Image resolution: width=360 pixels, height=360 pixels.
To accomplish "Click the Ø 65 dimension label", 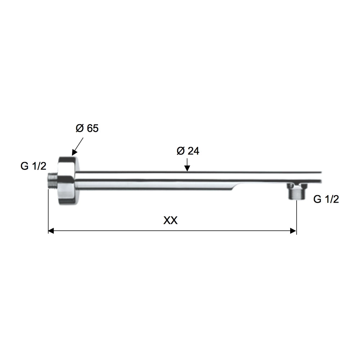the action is tap(87, 129).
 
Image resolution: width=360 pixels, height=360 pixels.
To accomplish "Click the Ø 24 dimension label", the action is tap(188, 151).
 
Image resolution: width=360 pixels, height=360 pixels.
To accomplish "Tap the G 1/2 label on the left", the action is tap(33, 166).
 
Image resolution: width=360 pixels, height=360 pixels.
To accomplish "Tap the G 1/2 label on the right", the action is tap(326, 199).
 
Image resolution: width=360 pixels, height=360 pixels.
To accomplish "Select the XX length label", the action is tap(170, 221).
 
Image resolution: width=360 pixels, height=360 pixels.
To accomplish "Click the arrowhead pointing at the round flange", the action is tap(75, 153).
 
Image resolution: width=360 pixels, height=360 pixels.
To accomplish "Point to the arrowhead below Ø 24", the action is tap(187, 168).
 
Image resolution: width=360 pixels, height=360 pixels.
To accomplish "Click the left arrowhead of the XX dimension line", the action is tap(51, 231).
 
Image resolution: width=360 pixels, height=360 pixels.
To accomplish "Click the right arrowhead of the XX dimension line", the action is tap(293, 231).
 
